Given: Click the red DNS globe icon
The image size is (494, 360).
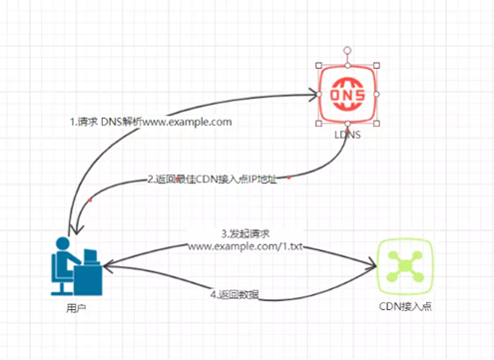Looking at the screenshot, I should (x=347, y=94).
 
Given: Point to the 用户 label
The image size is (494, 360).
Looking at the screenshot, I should (x=73, y=307).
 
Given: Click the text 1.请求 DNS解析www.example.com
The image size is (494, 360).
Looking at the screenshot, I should (x=151, y=122).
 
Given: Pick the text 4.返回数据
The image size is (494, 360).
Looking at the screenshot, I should (x=238, y=294).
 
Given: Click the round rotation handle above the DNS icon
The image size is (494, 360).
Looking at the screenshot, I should (x=347, y=48).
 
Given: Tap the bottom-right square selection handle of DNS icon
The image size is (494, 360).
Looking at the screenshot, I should (x=377, y=124).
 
